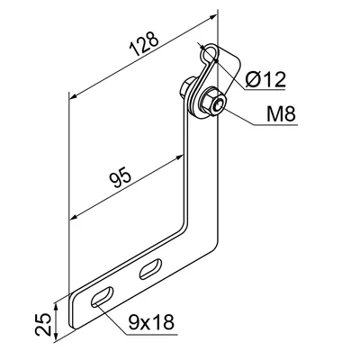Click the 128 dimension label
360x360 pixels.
tap(143, 43)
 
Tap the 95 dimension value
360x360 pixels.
tap(120, 176)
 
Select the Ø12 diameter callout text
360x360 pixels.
tap(265, 79)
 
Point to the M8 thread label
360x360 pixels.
tap(281, 114)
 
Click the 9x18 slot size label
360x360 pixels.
tap(151, 322)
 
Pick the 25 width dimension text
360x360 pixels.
tap(43, 324)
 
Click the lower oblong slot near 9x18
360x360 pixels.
tap(103, 296)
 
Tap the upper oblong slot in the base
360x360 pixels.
tap(150, 268)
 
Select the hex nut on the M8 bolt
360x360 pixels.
tap(214, 102)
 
